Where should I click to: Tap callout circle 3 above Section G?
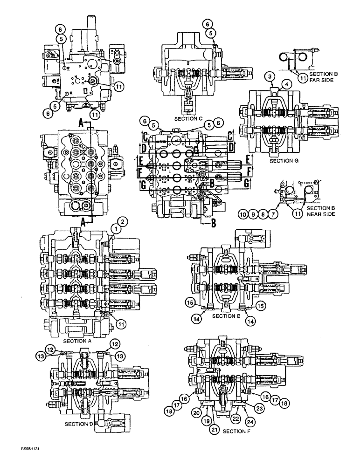pyautogui.click(x=270, y=76)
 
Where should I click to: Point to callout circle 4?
pyautogui.click(x=287, y=83)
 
